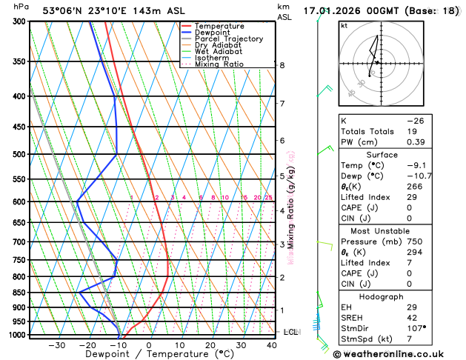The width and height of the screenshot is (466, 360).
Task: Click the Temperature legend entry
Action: [220, 26]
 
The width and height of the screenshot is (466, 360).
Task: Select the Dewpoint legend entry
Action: [212, 33]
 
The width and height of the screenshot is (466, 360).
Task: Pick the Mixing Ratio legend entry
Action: [221, 64]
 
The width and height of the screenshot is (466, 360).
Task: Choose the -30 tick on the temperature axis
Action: [56, 345]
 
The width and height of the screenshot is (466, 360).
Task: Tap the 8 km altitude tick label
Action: [282, 65]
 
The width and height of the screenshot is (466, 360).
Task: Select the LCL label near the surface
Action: [290, 332]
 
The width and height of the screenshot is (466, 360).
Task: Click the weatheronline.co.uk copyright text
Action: [399, 353]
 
